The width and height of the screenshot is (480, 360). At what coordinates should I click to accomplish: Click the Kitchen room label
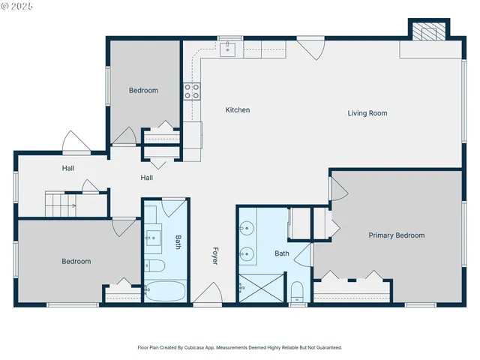click(238, 110)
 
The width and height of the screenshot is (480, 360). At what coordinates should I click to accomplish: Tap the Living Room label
click(367, 113)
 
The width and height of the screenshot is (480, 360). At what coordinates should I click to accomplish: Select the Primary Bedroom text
click(396, 235)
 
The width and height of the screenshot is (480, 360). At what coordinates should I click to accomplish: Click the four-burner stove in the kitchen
click(192, 91)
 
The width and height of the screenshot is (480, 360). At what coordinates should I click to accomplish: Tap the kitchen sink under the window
click(229, 49)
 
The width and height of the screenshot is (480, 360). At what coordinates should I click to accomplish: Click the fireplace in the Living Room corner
click(427, 32)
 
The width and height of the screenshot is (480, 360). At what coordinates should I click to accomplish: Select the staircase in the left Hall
click(60, 203)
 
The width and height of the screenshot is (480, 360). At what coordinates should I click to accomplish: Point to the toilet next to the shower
click(297, 291)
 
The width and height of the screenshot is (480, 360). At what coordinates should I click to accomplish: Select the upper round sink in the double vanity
click(247, 227)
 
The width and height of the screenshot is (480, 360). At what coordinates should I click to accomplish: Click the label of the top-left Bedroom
click(143, 91)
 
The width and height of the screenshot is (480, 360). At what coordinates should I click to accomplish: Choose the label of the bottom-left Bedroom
click(76, 262)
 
